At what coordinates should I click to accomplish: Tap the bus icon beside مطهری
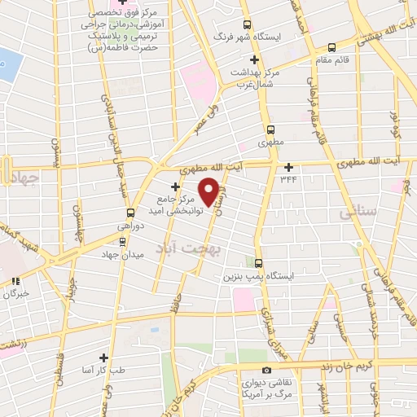point(271,129)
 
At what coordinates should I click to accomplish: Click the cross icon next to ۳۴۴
point(288,167)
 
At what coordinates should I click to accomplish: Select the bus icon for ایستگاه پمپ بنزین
point(258,263)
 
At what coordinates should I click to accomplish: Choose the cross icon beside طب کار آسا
point(103,358)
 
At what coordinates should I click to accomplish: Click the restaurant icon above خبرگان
point(15,281)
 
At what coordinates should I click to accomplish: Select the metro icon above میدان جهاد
point(123,241)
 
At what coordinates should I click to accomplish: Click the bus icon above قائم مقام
point(331,48)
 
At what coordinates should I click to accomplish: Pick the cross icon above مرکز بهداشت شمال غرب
point(255,59)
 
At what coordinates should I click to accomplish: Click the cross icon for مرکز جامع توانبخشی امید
point(175,187)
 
